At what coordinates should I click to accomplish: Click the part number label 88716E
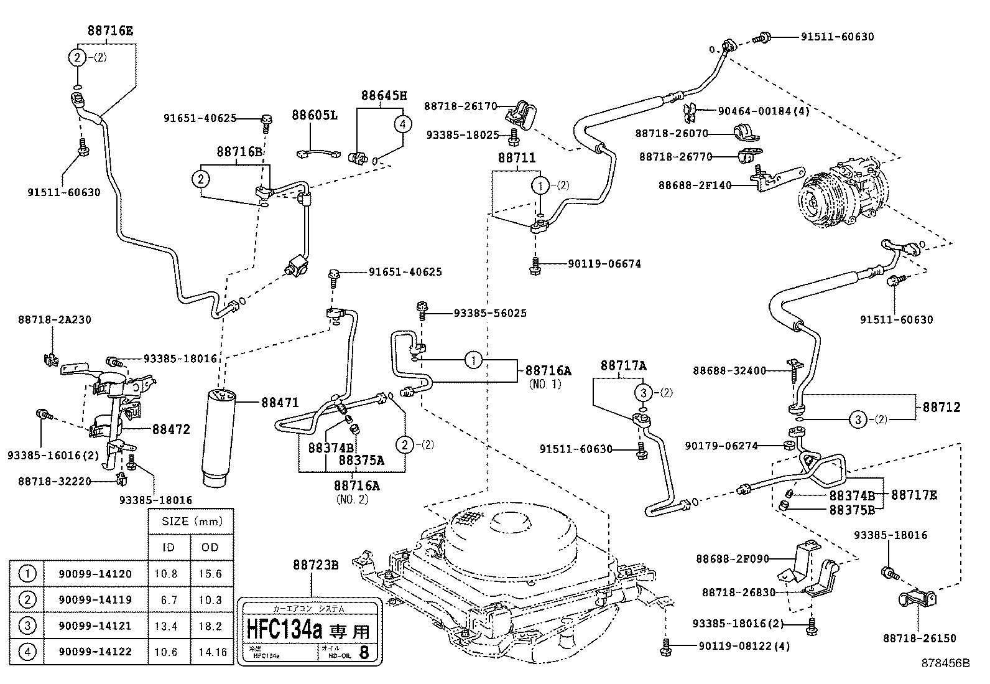pyautogui.click(x=110, y=30)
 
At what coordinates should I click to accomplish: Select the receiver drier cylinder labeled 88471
pyautogui.click(x=221, y=436)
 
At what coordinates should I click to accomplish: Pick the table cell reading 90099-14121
pyautogui.click(x=95, y=625)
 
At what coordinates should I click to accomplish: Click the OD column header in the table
pyautogui.click(x=210, y=548)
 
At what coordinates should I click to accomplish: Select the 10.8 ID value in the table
pyautogui.click(x=166, y=574)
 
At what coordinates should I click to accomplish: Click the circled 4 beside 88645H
pyautogui.click(x=402, y=124)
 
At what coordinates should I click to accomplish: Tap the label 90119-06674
pyautogui.click(x=604, y=264)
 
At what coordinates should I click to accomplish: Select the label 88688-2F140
pyautogui.click(x=695, y=185)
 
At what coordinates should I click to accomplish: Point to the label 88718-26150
pyautogui.click(x=919, y=638)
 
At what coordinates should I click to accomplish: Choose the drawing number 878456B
pyautogui.click(x=945, y=663)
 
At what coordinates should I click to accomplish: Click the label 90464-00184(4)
pyautogui.click(x=763, y=111)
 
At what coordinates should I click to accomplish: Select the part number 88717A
pyautogui.click(x=623, y=365)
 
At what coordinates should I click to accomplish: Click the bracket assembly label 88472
pyautogui.click(x=171, y=429)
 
